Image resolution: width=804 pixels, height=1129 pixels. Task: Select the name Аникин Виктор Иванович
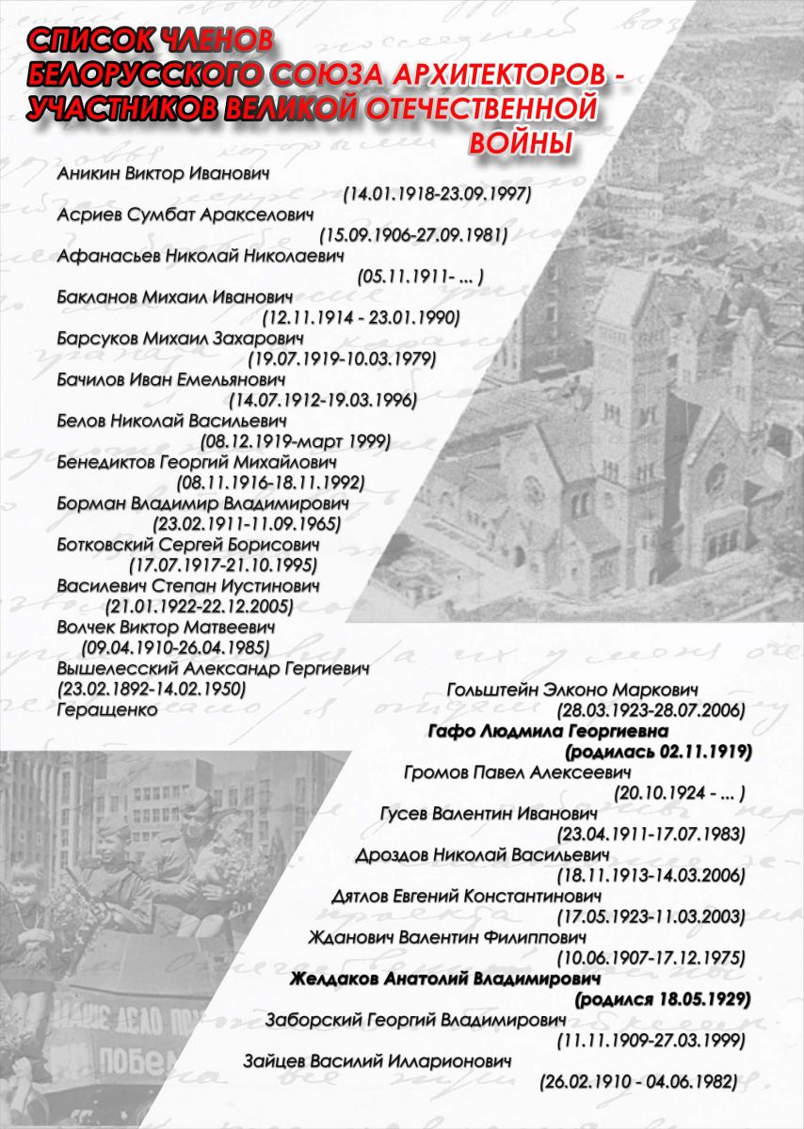pos(164,174)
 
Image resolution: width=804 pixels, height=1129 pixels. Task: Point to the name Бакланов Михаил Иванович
pos(173,296)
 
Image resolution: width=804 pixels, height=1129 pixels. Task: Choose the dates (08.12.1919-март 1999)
pos(296,440)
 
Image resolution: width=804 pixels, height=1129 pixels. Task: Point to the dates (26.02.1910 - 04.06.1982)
pos(638,1082)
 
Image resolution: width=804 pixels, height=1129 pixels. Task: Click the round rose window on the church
pos(535,488)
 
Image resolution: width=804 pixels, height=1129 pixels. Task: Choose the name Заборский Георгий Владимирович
pos(416,1020)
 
